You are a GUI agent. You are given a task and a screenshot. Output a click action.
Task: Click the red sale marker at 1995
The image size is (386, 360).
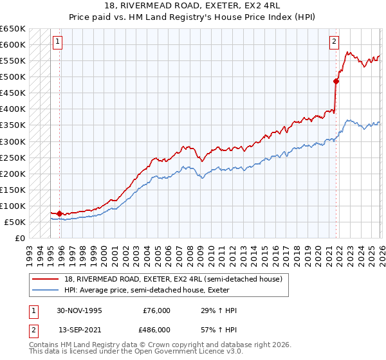[x=60, y=213]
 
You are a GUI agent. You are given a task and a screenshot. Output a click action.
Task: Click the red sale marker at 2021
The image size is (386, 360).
[x=336, y=81]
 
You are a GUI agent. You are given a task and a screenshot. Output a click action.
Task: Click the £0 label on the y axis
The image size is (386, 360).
[x=19, y=238]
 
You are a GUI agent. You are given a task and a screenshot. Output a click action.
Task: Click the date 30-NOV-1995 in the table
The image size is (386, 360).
[x=79, y=310]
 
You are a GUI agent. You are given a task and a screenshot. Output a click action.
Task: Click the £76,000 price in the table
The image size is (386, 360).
[x=156, y=310]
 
